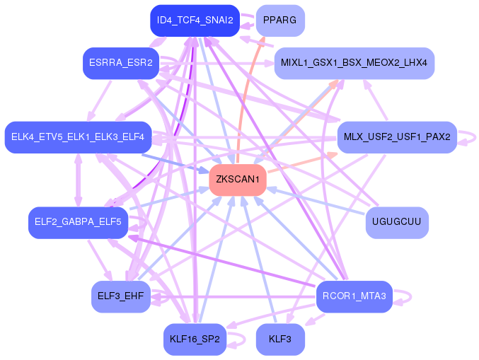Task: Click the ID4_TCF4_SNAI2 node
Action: point(195,21)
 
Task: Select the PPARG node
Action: point(279,21)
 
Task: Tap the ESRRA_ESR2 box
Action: point(119,63)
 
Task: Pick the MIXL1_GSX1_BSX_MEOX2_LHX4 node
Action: point(354,63)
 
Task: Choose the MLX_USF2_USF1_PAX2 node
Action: point(397,137)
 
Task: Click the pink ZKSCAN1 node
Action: point(238,180)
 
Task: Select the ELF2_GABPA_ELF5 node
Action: point(78,223)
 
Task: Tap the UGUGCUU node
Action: point(396,223)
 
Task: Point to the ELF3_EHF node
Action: point(120,296)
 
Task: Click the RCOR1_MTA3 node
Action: point(354,296)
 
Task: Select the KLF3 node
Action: point(280,339)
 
